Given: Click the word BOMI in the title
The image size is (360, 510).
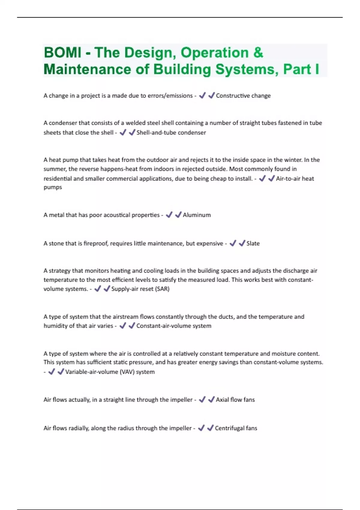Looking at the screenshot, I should (62, 53).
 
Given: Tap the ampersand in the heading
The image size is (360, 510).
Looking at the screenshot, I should (258, 53).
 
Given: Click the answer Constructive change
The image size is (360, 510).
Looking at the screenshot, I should (243, 96).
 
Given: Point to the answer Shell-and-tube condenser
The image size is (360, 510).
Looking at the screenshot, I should (171, 133).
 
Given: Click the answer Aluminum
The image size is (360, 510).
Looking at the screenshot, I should (196, 215).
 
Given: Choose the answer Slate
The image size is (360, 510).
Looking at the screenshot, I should (253, 244).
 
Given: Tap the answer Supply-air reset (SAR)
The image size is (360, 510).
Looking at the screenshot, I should (140, 289).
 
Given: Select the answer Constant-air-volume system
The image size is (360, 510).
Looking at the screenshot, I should (174, 326).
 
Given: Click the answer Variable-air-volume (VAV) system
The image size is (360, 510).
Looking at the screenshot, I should (110, 372).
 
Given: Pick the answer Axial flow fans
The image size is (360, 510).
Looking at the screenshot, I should (235, 400).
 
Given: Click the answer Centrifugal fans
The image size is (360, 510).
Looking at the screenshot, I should (236, 428).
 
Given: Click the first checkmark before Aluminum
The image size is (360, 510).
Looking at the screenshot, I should (169, 215).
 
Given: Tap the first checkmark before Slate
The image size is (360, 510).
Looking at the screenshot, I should (233, 243).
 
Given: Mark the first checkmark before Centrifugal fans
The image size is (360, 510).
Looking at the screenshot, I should (201, 428).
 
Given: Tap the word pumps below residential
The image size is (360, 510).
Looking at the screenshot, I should (53, 187).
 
